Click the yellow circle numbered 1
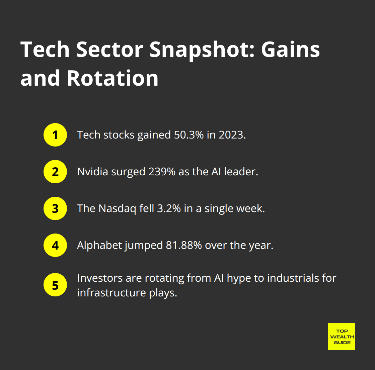[x=55, y=135]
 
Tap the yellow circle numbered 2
[x=55, y=172]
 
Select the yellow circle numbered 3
[x=55, y=208]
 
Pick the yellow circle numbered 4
[x=55, y=245]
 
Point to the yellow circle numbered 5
[x=55, y=285]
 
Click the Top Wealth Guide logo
[x=342, y=337]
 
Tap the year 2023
[x=232, y=135]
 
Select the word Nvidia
[x=93, y=172]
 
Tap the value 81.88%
[x=184, y=245]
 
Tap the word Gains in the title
[x=290, y=50]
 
